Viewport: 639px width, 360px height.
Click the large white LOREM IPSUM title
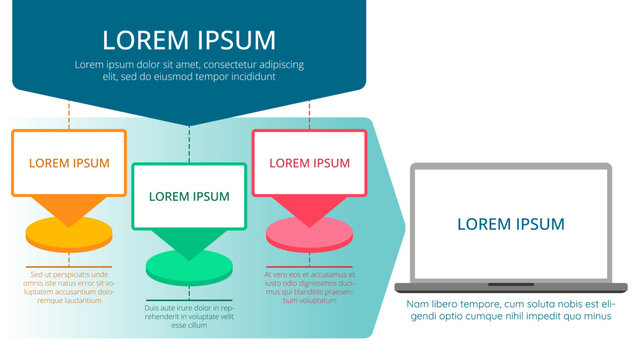point(189,40)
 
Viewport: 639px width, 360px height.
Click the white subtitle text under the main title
point(189,70)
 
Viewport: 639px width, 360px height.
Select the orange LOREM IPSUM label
point(69,162)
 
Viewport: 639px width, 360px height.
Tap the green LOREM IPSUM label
point(189,196)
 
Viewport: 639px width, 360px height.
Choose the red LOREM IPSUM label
point(310,162)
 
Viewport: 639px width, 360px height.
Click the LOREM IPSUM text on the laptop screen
point(510,224)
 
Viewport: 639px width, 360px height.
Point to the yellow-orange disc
point(68,235)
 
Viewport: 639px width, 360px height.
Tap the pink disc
point(310,236)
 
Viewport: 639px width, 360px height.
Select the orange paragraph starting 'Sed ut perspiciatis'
point(69,287)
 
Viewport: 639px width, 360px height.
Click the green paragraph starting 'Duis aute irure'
point(189,316)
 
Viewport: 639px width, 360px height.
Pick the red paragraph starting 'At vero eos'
point(310,287)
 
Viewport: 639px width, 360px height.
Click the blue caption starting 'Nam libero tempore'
point(510,310)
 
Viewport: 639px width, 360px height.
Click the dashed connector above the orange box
point(69,114)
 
